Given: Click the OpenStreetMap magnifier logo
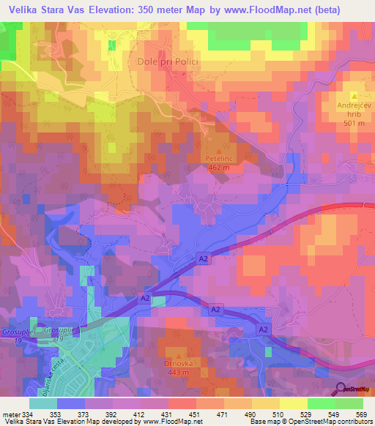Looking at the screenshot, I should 341,389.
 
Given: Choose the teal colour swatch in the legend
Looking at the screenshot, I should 43,403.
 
